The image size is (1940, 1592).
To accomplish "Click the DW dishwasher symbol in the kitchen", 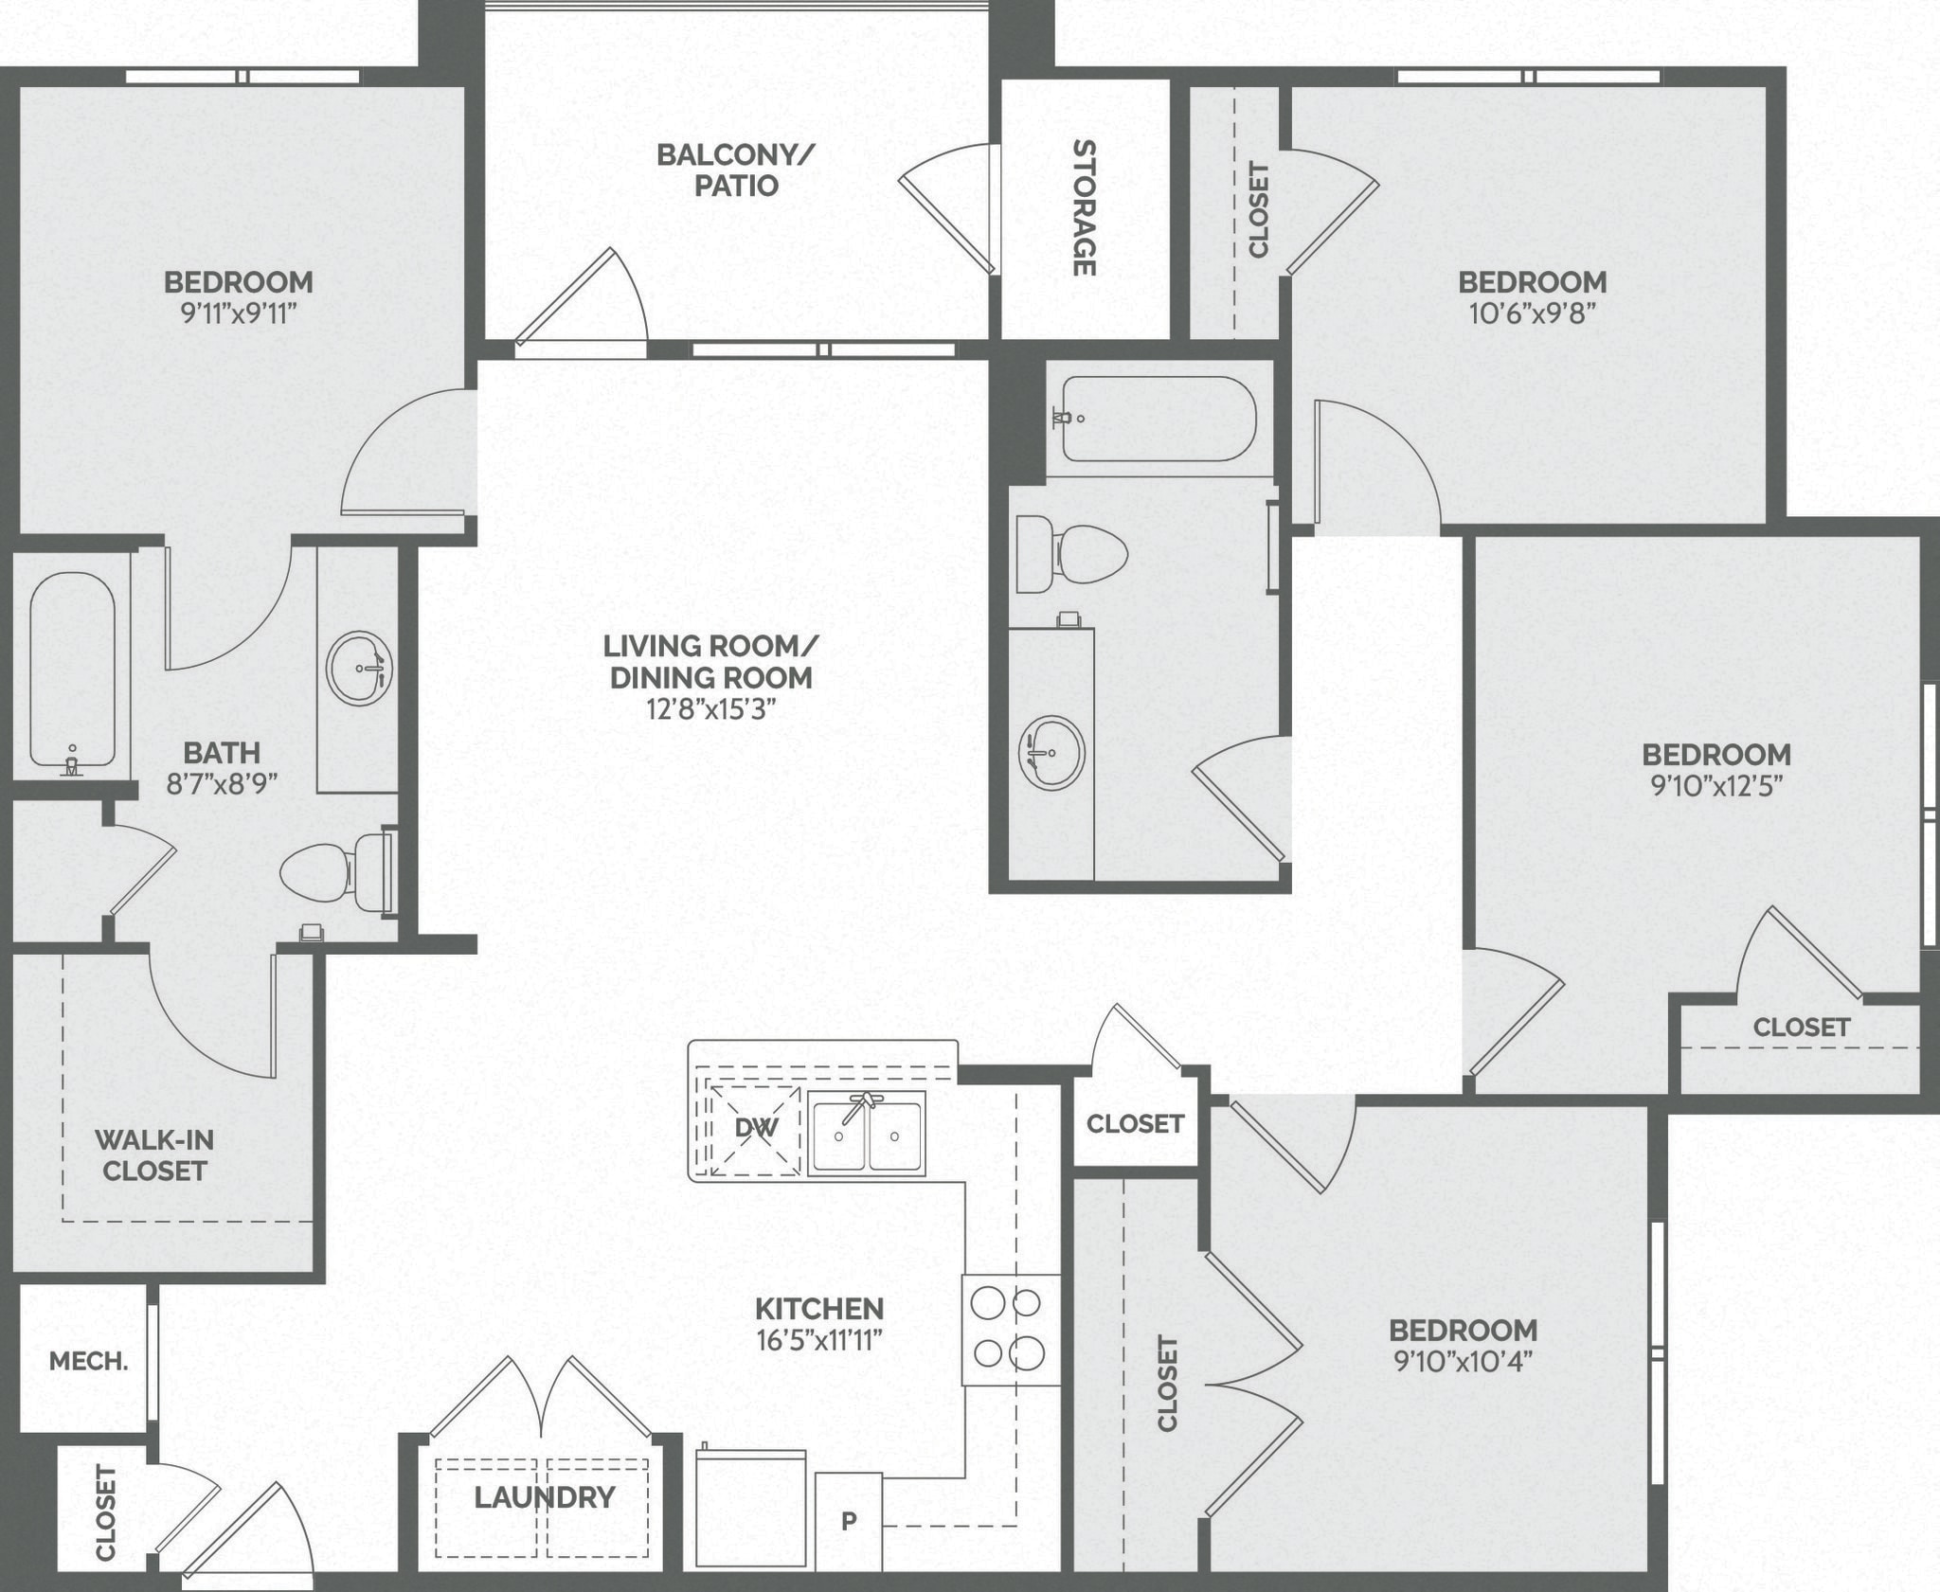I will [756, 1127].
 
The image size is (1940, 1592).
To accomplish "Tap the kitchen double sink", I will [866, 1133].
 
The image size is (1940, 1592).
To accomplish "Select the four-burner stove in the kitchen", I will [1011, 1330].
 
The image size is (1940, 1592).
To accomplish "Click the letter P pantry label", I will [849, 1521].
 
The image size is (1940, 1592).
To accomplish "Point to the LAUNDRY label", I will [545, 1497].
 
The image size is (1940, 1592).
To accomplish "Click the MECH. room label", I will [88, 1362].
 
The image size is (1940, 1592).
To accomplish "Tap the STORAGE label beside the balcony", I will [1084, 207].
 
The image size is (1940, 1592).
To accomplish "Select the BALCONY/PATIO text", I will [736, 170].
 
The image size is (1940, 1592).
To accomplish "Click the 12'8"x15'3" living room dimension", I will [710, 709].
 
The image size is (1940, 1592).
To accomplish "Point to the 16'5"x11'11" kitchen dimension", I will [819, 1340].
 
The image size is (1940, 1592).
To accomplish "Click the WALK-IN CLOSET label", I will [154, 1155].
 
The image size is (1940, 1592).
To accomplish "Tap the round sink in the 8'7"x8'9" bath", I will [360, 668].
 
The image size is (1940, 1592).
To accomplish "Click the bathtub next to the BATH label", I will [72, 669].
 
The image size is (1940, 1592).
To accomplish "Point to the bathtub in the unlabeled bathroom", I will [1158, 418].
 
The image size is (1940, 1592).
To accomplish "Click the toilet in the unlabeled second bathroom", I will [1070, 553].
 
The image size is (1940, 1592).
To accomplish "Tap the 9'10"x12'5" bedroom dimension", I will [1716, 786].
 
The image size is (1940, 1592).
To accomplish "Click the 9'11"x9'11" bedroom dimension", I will [239, 313].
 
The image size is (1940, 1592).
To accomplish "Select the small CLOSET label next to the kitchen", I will [1135, 1123].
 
